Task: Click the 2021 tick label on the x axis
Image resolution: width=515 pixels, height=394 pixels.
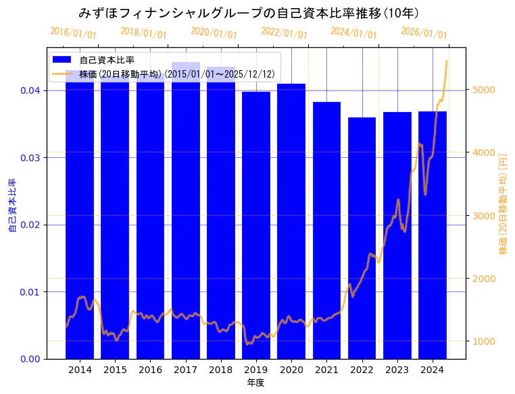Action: (x=326, y=370)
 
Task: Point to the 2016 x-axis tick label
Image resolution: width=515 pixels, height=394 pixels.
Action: (x=150, y=370)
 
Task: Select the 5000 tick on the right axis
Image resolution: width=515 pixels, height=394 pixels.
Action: (x=485, y=90)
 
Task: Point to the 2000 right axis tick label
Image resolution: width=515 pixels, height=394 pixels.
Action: (x=485, y=279)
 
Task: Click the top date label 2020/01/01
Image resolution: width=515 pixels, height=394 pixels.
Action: (x=214, y=33)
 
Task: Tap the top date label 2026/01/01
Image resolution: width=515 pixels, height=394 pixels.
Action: (x=424, y=33)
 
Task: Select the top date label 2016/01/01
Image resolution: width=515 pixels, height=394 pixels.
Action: (x=73, y=33)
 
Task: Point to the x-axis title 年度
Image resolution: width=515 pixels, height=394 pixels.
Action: (x=255, y=383)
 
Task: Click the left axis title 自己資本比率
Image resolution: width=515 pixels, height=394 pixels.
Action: (x=12, y=205)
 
